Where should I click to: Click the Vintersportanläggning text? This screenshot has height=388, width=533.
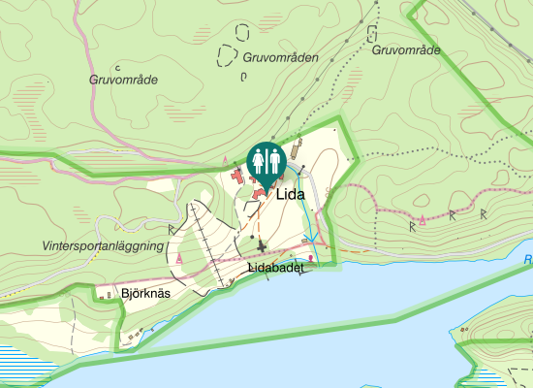pos(103,246)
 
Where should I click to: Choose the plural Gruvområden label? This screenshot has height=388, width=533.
pos(281,57)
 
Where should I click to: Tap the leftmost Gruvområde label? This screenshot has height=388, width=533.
pos(123,80)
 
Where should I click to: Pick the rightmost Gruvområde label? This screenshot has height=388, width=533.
pos(406,49)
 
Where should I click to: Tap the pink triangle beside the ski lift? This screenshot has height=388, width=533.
pos(180,258)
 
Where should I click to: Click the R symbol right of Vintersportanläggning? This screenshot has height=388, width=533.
pos(172,229)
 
